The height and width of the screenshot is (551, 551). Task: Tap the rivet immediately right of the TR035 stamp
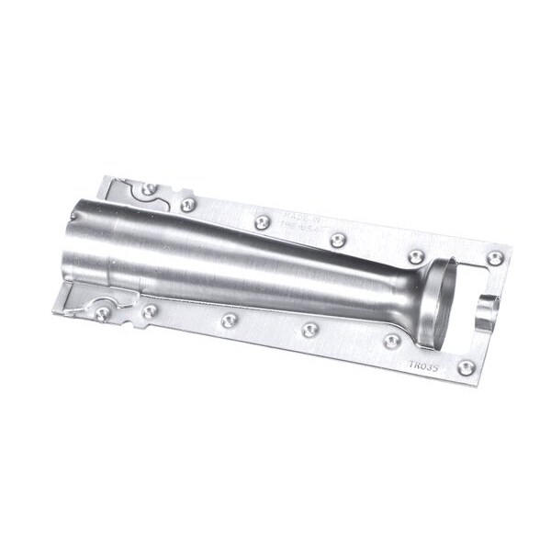click(x=466, y=367)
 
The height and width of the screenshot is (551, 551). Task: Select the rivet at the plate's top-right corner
click(x=496, y=258)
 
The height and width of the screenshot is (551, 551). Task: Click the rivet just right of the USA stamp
click(x=338, y=240)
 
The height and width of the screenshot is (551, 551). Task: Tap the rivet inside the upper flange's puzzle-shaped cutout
click(x=149, y=189)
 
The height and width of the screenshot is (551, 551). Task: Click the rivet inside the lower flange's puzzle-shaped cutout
click(x=103, y=313)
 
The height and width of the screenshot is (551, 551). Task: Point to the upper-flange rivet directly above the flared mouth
click(x=416, y=256)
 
